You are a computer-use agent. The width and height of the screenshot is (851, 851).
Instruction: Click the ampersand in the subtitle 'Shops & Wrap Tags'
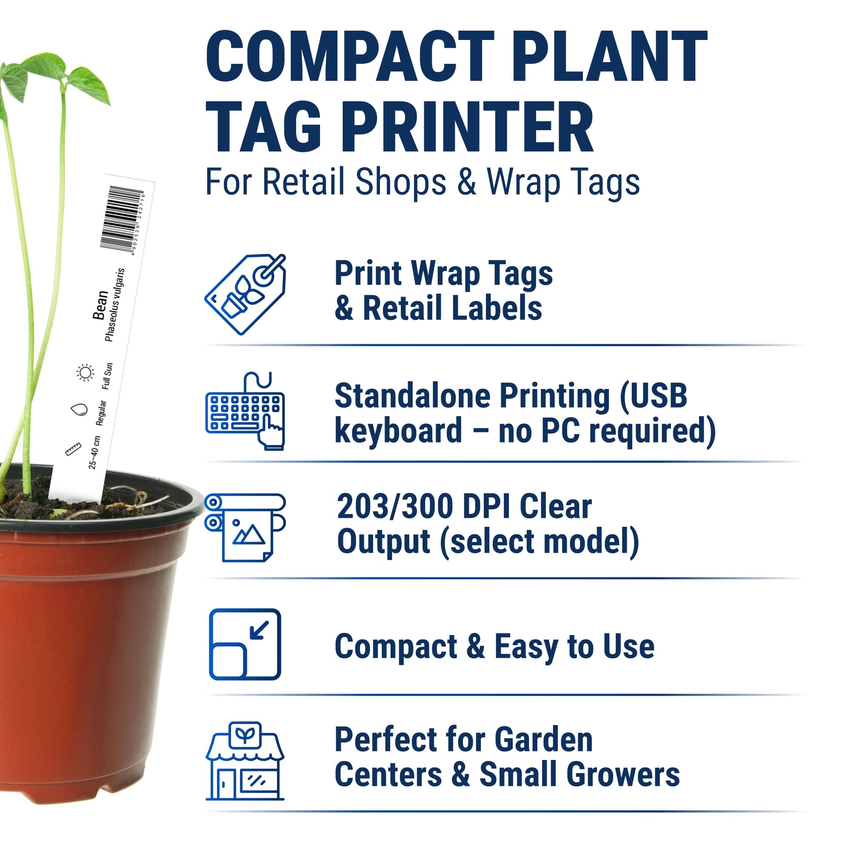(x=466, y=182)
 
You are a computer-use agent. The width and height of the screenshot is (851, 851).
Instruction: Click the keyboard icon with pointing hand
(x=246, y=411)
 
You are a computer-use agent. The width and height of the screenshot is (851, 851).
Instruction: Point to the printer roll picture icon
(x=246, y=527)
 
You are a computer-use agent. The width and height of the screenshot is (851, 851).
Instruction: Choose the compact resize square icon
(x=245, y=644)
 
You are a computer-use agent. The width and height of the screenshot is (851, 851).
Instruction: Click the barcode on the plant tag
(x=121, y=219)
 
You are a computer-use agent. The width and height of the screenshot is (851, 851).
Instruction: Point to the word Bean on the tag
(x=100, y=305)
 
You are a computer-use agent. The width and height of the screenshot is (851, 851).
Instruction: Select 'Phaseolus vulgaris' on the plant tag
(x=115, y=305)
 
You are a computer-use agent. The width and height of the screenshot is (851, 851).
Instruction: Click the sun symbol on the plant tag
(x=86, y=373)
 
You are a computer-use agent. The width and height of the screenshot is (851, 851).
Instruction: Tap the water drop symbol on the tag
(x=79, y=410)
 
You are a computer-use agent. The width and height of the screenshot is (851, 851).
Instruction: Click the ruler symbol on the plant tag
(x=73, y=449)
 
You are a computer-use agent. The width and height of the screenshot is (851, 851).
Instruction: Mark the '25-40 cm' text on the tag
(x=94, y=452)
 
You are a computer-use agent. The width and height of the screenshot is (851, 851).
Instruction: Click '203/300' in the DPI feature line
(x=395, y=506)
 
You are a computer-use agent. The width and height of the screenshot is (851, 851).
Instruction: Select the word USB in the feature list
(x=654, y=396)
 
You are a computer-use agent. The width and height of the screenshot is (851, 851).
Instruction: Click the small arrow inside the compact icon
(x=259, y=629)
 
